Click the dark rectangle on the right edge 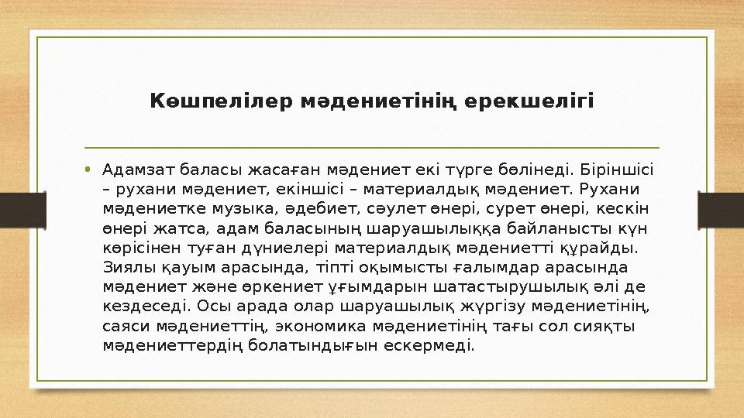pos(721,208)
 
